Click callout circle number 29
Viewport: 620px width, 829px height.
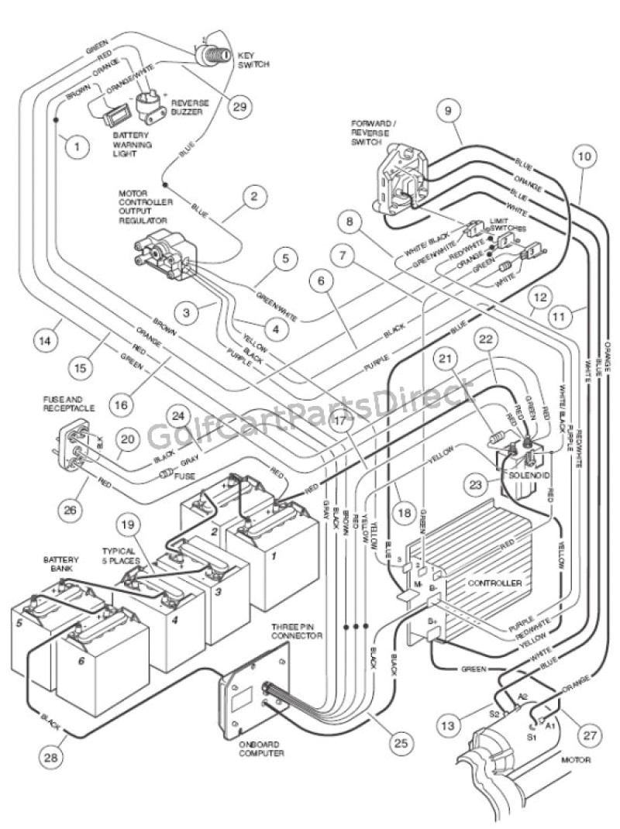pos(241,107)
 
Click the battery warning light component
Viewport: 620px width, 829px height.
pos(116,118)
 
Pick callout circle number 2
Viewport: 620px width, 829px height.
pos(253,196)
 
